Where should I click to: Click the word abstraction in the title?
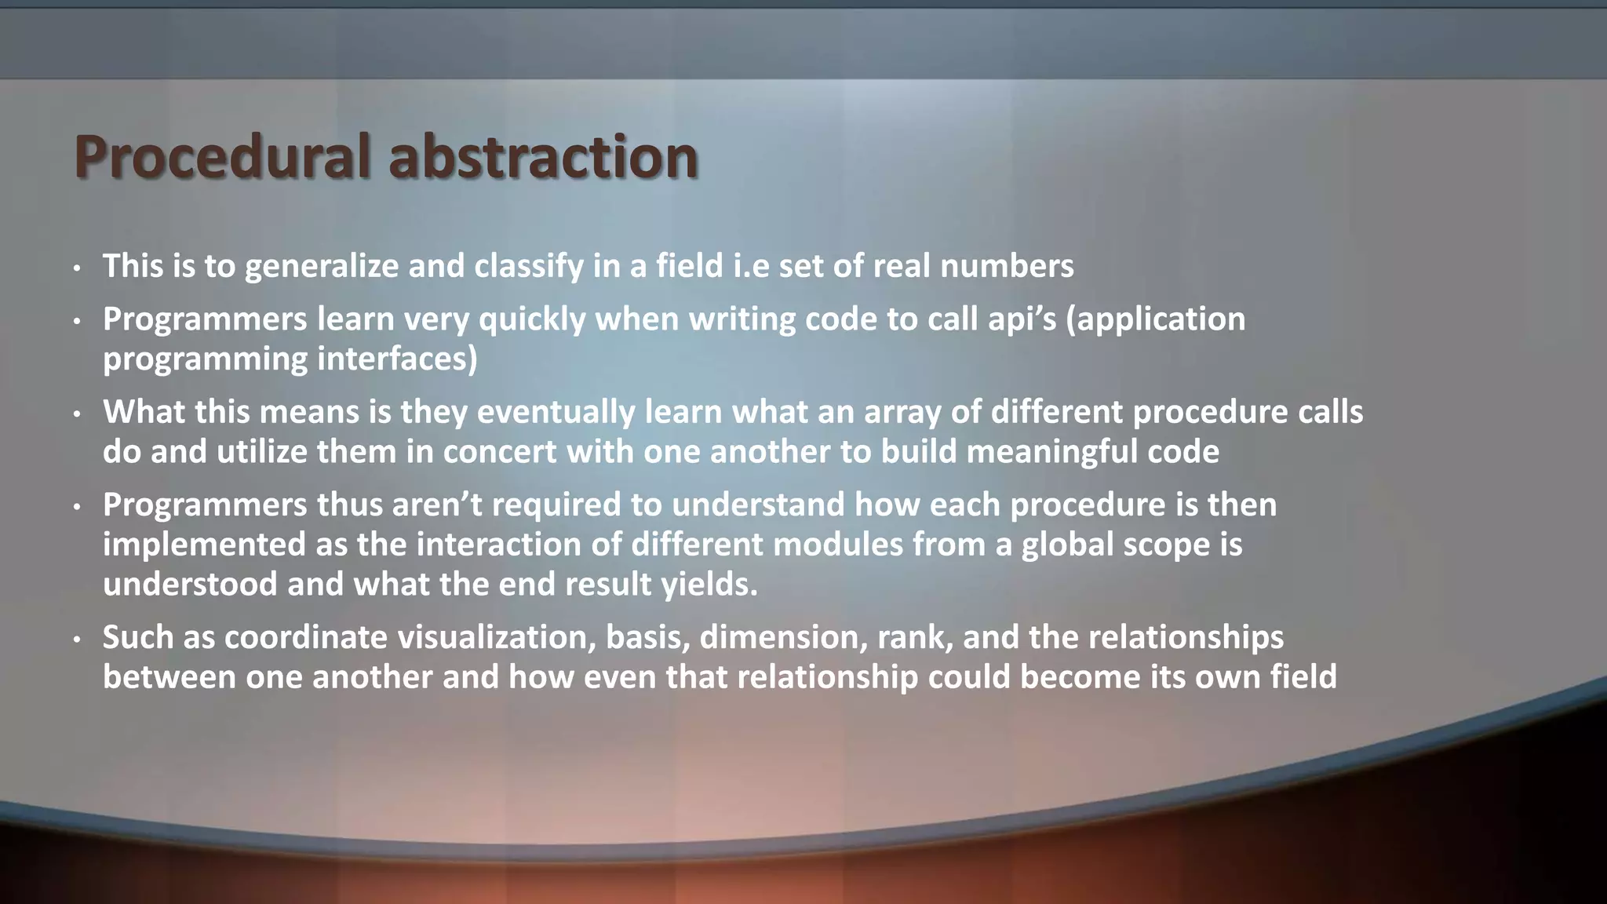[x=543, y=157]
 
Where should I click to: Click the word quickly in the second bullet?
[x=532, y=320]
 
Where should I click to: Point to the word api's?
[x=1015, y=320]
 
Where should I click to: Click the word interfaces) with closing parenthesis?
[x=397, y=359]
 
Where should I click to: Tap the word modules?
[x=838, y=545]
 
